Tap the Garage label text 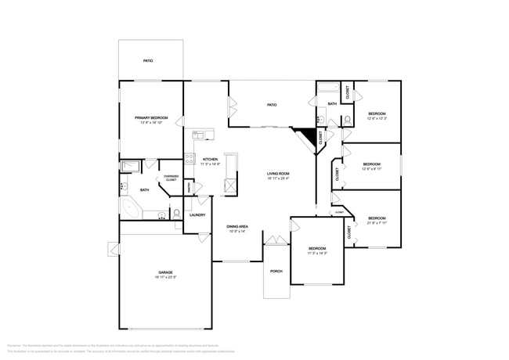[x=165, y=272]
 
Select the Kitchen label [x=210, y=160]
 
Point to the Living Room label [x=278, y=174]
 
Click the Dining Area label [x=237, y=226]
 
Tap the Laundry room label [x=197, y=215]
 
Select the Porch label [x=276, y=272]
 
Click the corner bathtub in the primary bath [x=131, y=209]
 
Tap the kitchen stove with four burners [x=190, y=159]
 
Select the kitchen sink [x=197, y=135]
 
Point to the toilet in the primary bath [x=177, y=213]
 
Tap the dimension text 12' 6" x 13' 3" [x=377, y=119]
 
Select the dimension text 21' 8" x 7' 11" [x=377, y=223]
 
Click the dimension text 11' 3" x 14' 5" [x=317, y=253]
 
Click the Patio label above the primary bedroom [x=147, y=60]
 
